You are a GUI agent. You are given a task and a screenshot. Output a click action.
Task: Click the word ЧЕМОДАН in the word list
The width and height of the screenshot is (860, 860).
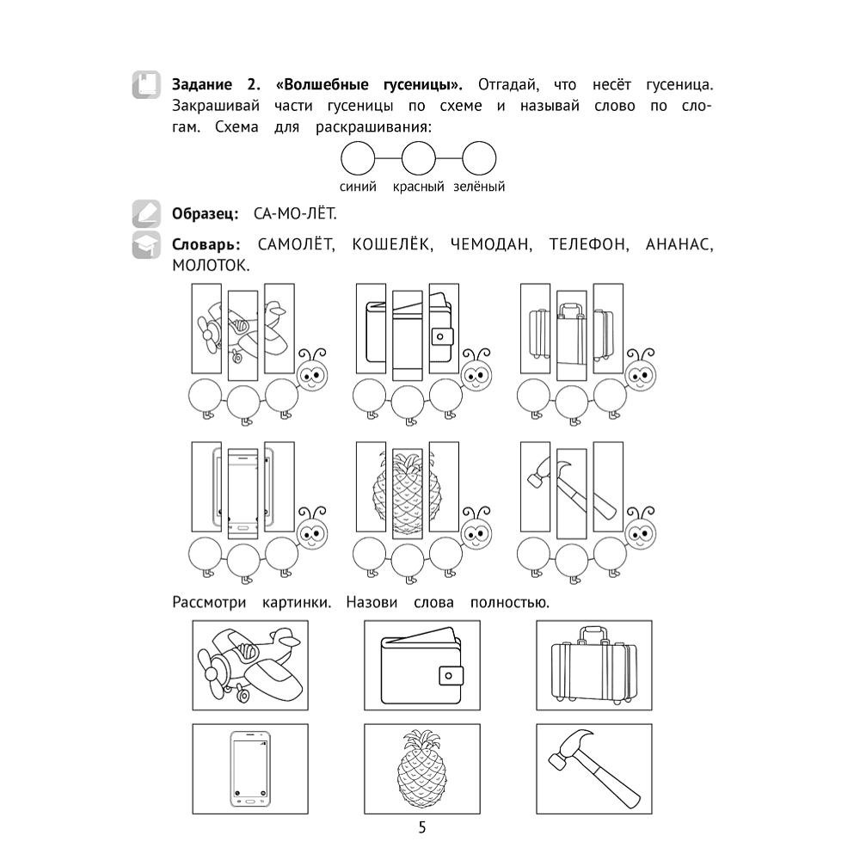point(491,244)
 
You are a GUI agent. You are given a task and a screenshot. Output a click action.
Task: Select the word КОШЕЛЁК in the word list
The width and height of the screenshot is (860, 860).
point(392,243)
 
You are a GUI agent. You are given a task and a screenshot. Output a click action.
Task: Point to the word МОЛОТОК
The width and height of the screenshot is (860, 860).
point(211,266)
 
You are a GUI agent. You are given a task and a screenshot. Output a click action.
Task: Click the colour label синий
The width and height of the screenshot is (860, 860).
point(358,187)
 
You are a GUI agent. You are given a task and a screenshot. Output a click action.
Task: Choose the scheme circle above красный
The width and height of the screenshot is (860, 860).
point(419,159)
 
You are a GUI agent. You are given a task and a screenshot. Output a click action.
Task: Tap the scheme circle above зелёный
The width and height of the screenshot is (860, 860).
point(479,159)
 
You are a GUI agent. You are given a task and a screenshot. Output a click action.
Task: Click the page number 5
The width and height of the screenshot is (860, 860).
point(421,827)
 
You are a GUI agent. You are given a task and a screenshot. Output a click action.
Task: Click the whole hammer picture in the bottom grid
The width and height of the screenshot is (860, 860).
point(594,769)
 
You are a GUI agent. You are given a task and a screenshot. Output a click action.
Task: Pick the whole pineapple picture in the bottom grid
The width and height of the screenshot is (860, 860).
point(421,769)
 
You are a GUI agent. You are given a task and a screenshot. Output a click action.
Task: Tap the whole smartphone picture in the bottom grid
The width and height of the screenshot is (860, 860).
point(250,769)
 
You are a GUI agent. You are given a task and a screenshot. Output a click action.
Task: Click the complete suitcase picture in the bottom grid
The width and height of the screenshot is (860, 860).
point(594,666)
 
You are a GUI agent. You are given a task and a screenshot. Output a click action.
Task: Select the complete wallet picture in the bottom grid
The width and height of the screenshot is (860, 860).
point(421,666)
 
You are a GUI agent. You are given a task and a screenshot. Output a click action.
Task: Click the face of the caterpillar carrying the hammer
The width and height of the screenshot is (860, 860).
point(642,533)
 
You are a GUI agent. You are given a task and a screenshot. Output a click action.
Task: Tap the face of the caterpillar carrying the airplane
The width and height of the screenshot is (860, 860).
point(312,375)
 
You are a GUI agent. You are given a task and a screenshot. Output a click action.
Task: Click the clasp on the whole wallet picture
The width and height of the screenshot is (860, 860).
point(450,676)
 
